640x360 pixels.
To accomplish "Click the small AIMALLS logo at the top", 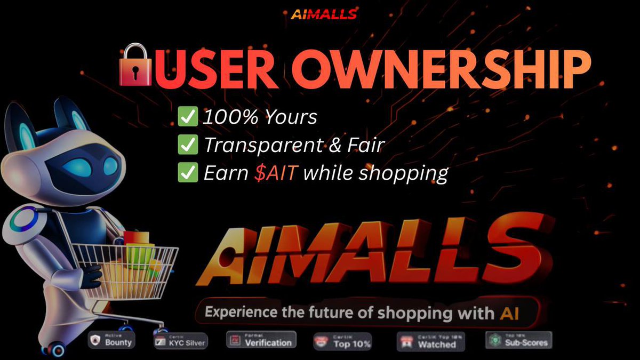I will [324, 14].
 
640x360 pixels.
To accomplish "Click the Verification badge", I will [261, 340].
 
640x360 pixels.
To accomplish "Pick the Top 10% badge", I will [342, 341].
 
